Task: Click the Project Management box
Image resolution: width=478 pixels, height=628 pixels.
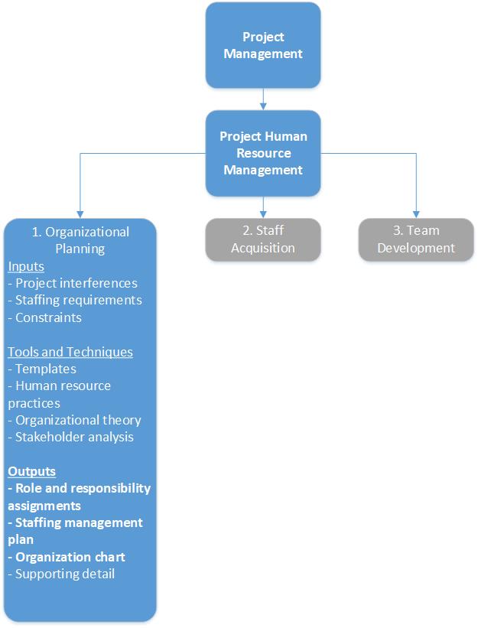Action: pos(263,45)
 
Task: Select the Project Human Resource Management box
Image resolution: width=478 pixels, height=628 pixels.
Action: pos(263,153)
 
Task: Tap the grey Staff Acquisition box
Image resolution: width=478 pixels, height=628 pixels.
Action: pos(263,239)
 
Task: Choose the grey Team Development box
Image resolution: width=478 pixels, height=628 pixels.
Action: pos(416,239)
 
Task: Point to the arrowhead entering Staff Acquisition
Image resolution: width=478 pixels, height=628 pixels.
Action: pos(263,213)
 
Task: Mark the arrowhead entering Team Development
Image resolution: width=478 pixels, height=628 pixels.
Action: pos(416,213)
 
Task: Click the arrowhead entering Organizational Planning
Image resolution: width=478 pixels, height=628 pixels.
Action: pos(80,213)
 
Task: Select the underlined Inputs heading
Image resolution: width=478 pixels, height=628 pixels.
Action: pos(26,266)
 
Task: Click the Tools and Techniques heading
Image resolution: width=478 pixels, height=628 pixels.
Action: pos(70,352)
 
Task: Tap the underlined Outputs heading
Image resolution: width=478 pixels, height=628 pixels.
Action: pos(32,471)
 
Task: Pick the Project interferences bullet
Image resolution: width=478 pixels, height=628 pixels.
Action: pos(73,283)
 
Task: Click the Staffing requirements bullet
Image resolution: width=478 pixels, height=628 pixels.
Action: pos(75,300)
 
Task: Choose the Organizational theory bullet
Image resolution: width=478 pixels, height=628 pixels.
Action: pos(75,420)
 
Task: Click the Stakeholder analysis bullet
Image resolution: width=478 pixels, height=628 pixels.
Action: pos(71,437)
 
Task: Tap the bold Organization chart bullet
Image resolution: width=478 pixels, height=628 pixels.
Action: pos(67,557)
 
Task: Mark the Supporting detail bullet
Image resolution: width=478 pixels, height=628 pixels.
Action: pos(61,573)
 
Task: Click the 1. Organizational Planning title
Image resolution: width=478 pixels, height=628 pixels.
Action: pos(80,239)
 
